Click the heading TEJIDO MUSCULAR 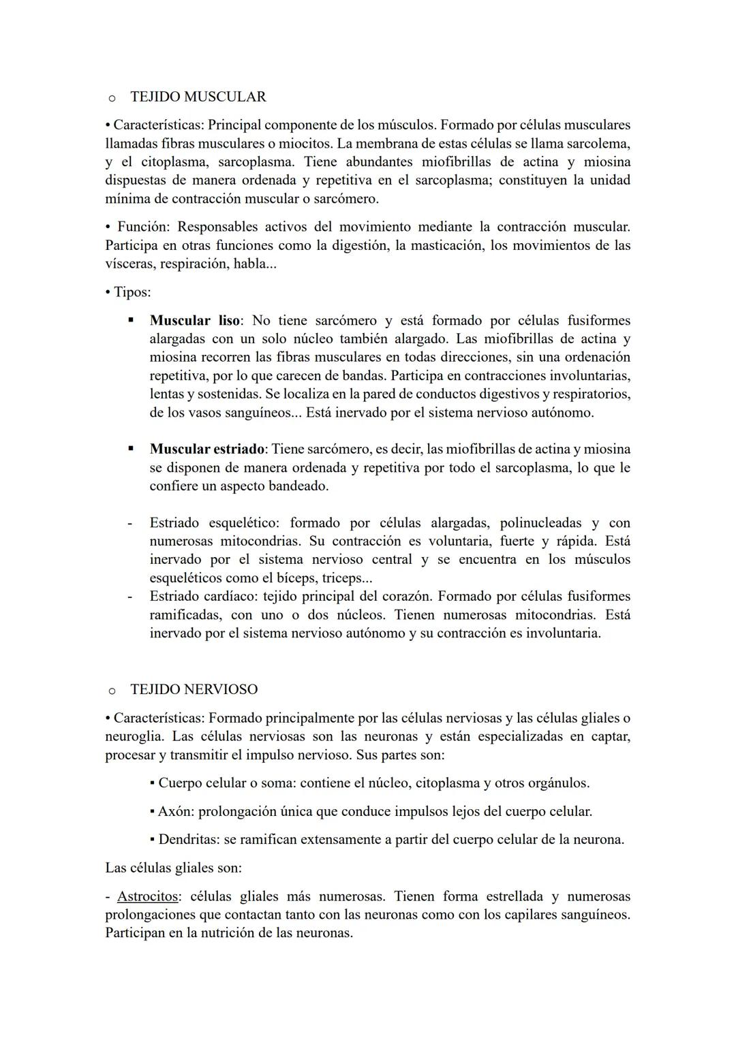click(x=198, y=97)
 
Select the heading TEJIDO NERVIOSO click(x=194, y=689)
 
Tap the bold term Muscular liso click(x=194, y=320)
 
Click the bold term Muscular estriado click(x=206, y=449)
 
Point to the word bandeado click(x=299, y=486)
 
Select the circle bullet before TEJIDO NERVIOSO click(x=111, y=690)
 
